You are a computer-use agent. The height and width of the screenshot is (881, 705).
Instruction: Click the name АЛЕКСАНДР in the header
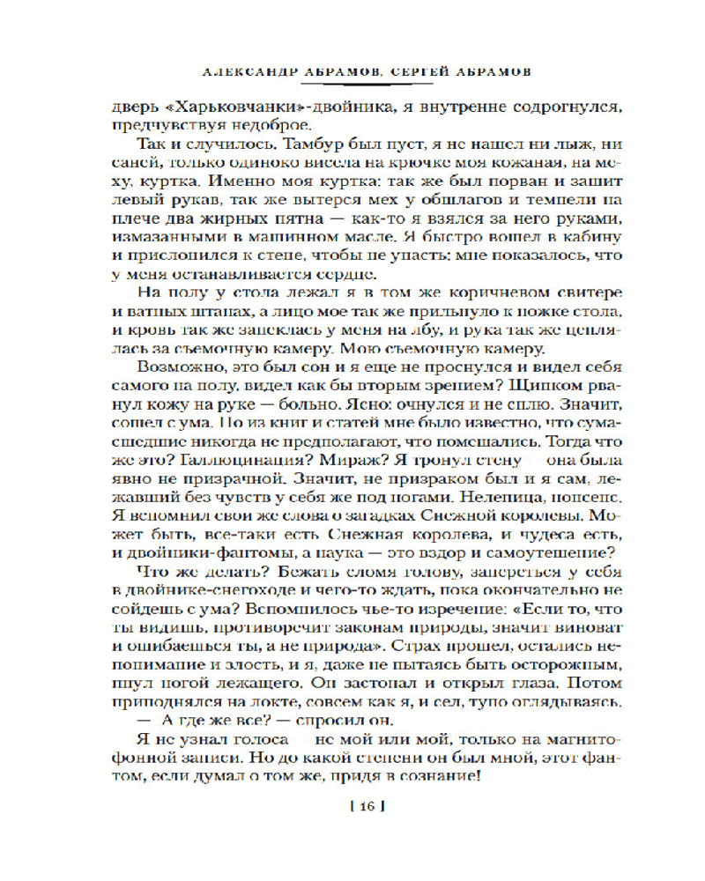tap(235, 70)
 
